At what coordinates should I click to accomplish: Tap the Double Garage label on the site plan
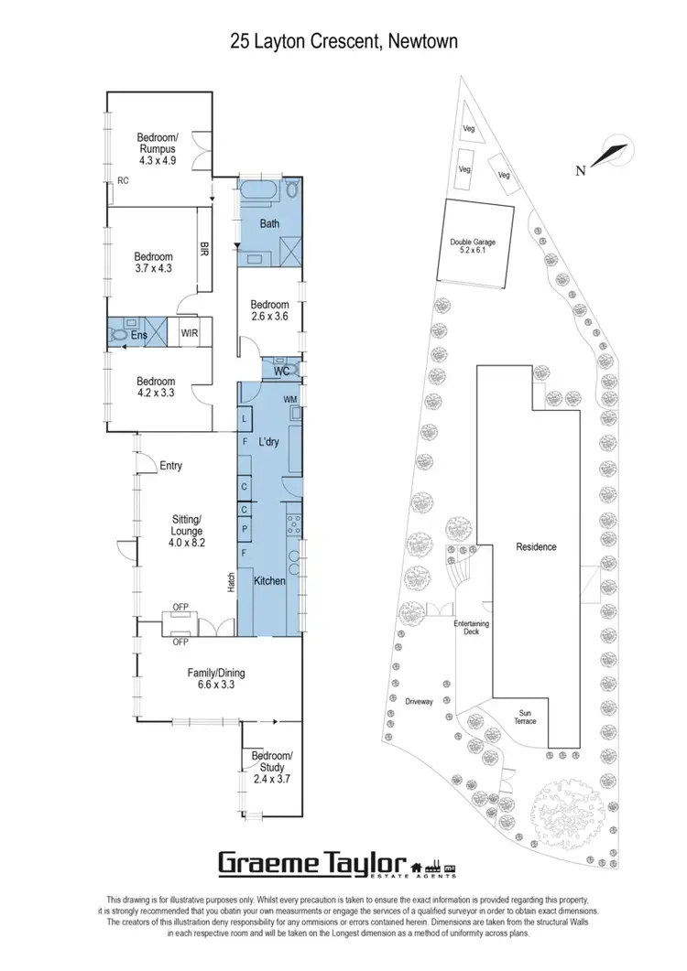473,247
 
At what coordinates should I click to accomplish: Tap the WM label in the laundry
290,400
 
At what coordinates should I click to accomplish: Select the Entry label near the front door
170,466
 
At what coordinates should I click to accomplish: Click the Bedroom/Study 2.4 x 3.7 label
271,768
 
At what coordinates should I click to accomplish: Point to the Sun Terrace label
526,716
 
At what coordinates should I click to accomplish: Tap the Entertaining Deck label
472,628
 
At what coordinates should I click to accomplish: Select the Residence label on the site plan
536,546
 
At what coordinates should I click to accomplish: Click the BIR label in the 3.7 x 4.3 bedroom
205,247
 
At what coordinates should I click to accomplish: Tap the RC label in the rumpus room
122,181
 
